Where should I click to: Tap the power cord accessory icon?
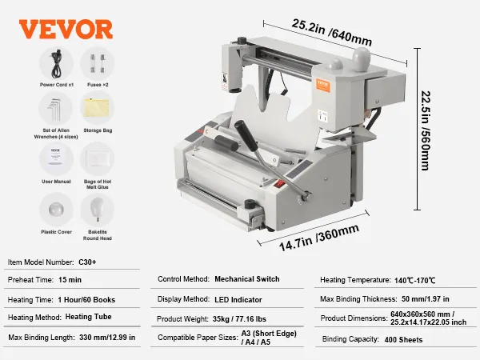pos(56,61)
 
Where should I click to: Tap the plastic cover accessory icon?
pos(56,209)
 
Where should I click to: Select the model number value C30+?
pos(89,262)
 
